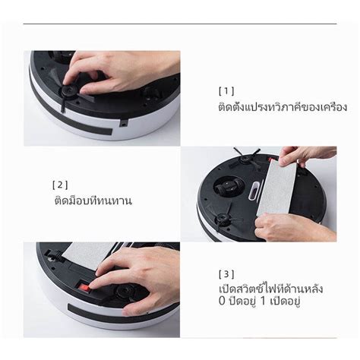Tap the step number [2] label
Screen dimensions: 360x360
point(61,185)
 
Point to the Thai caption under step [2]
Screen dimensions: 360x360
point(93,201)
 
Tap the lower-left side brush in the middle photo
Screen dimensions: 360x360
point(223,220)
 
